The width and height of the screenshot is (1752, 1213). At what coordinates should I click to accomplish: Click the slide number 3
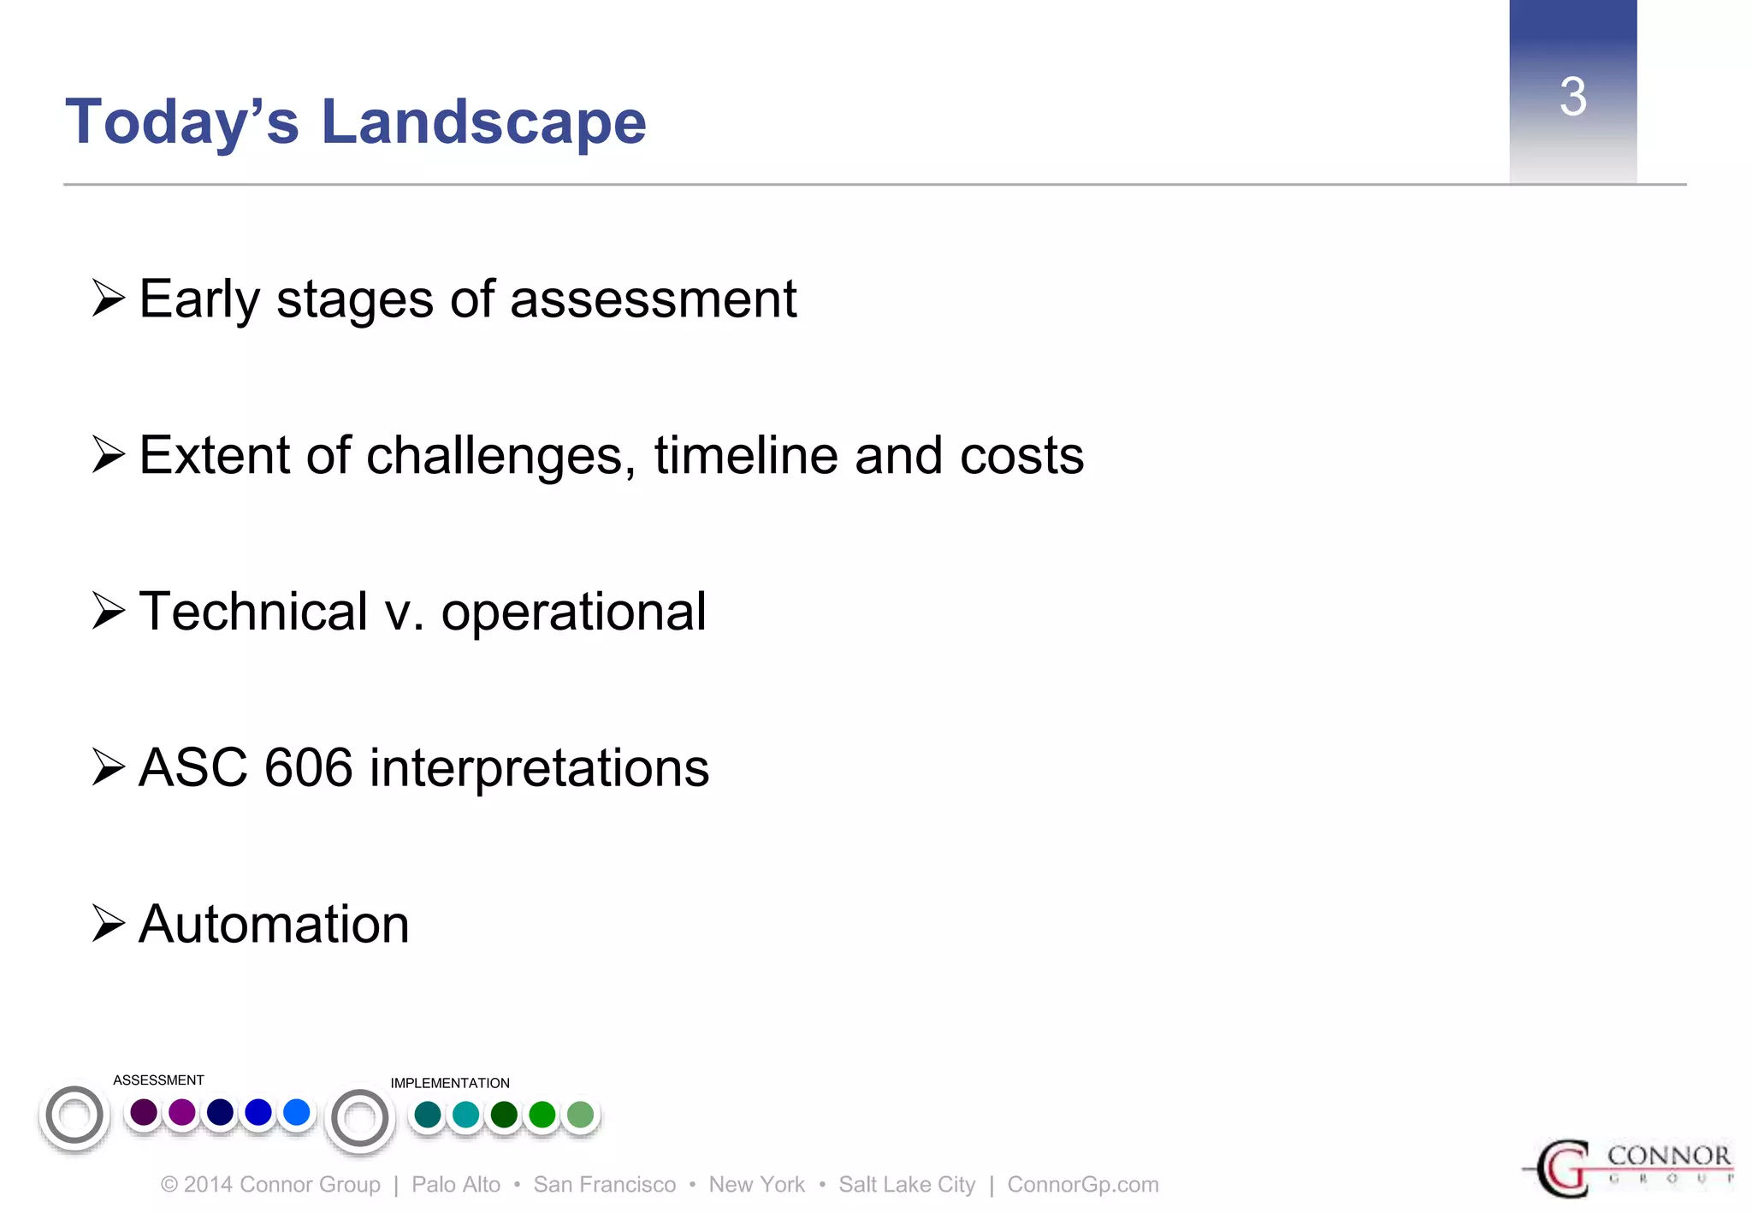click(x=1572, y=97)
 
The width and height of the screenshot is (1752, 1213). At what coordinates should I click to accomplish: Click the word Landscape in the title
click(x=483, y=122)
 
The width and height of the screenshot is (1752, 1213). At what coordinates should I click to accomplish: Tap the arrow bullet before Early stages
click(x=109, y=299)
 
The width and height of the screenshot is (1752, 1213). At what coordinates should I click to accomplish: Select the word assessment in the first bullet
click(x=653, y=300)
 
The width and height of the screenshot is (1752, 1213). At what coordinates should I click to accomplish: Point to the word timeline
click(x=746, y=455)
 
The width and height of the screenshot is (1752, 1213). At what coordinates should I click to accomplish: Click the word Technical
click(x=253, y=612)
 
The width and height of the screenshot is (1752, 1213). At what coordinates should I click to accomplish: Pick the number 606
click(x=309, y=767)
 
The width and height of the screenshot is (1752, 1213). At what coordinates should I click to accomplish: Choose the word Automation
click(x=274, y=925)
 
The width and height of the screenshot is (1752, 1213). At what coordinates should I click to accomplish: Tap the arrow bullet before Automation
click(x=109, y=924)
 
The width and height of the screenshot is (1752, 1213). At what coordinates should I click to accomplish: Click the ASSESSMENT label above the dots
click(x=158, y=1080)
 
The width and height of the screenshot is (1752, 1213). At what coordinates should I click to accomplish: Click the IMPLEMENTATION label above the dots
click(x=450, y=1083)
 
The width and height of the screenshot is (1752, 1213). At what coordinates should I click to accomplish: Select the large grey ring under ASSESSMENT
click(x=74, y=1115)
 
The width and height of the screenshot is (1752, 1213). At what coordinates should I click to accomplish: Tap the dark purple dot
click(x=144, y=1113)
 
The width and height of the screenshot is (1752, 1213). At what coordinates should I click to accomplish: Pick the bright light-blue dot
click(x=296, y=1112)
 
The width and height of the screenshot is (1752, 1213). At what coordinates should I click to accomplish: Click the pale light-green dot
click(x=580, y=1115)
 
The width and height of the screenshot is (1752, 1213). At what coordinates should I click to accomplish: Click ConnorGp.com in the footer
click(x=1082, y=1185)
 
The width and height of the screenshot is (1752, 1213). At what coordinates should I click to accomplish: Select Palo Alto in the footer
click(x=456, y=1185)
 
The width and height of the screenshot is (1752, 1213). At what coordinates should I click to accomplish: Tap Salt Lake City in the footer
click(x=907, y=1185)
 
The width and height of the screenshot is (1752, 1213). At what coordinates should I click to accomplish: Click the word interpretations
click(x=539, y=767)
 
